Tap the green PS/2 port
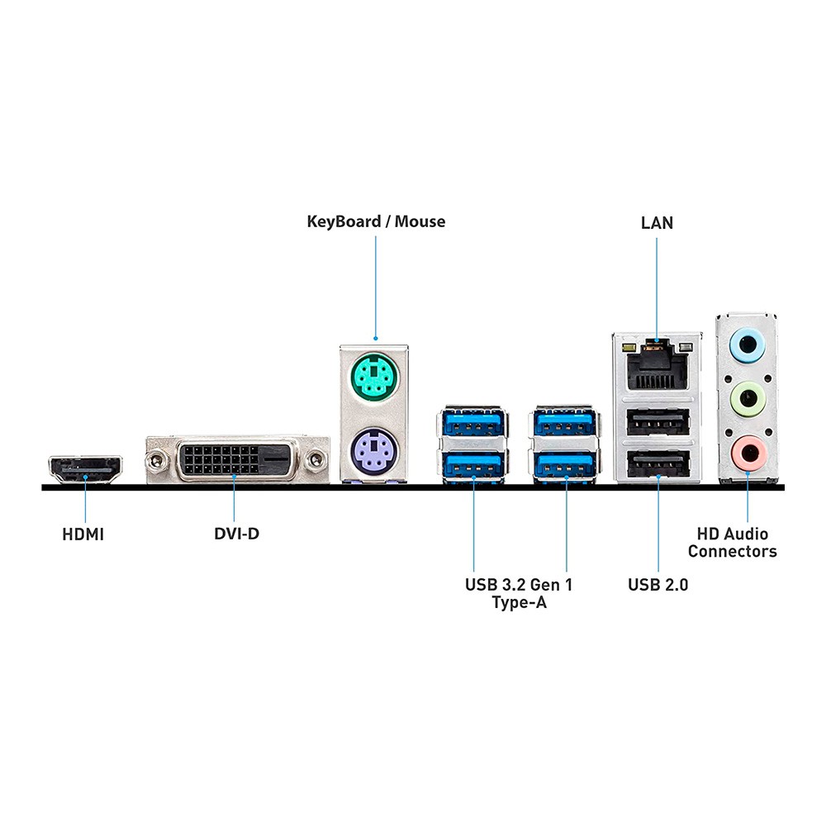tap(374, 382)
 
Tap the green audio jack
tap(748, 396)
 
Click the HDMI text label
tap(83, 534)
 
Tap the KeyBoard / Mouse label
tap(376, 221)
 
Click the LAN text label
tap(657, 223)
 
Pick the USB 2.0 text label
tap(657, 586)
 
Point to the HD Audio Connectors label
tap(733, 543)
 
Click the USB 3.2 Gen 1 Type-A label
tap(519, 594)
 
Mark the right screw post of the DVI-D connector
tap(315, 459)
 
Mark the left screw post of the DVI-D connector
tap(154, 459)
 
